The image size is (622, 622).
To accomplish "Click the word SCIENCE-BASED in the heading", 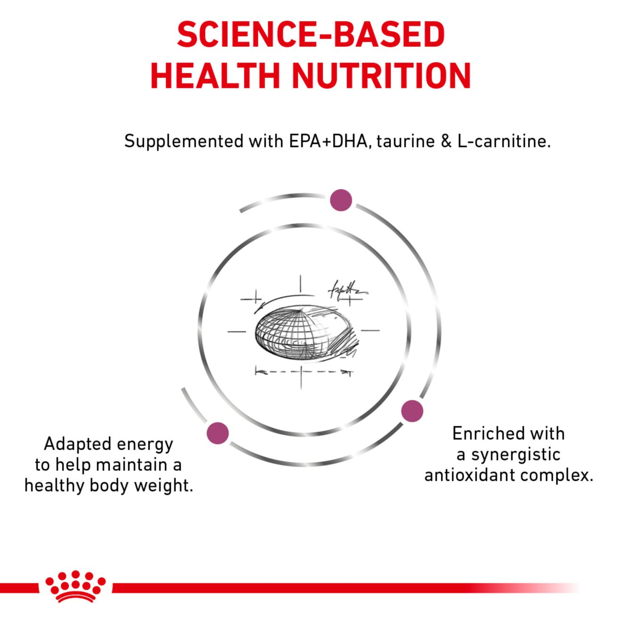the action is pyautogui.click(x=311, y=34).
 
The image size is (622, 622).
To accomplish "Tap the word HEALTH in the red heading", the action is pyautogui.click(x=215, y=76).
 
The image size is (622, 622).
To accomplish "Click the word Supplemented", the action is pyautogui.click(x=184, y=142).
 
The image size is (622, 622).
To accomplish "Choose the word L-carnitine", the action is pyautogui.click(x=503, y=141).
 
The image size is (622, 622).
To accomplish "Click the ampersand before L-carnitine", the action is pyautogui.click(x=446, y=142).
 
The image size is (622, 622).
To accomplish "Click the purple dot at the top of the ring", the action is pyautogui.click(x=341, y=200).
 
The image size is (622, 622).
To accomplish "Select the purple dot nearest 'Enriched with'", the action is pyautogui.click(x=412, y=411).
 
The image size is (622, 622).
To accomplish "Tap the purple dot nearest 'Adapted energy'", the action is pyautogui.click(x=218, y=433).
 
